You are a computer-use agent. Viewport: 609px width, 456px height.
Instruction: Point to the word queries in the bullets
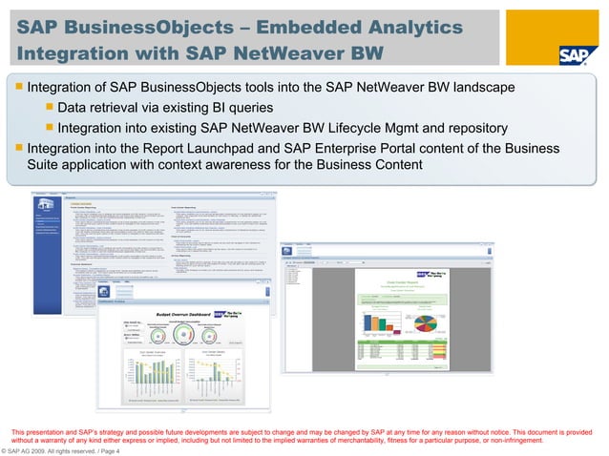[x=252, y=108]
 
